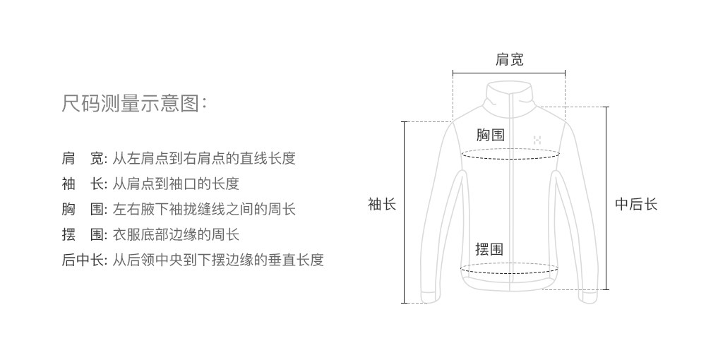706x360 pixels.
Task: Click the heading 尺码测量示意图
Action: pyautogui.click(x=134, y=104)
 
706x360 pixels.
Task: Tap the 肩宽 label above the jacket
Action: pyautogui.click(x=510, y=60)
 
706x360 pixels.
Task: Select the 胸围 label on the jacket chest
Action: pyautogui.click(x=490, y=135)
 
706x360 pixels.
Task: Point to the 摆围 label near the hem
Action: pyautogui.click(x=489, y=248)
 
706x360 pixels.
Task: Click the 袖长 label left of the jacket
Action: pyautogui.click(x=382, y=205)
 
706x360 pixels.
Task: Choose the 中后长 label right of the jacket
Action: pyautogui.click(x=636, y=205)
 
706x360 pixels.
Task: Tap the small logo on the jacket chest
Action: pyautogui.click(x=536, y=140)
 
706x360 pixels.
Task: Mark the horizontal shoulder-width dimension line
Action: pyautogui.click(x=509, y=73)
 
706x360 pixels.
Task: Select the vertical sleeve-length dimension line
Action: pyautogui.click(x=405, y=212)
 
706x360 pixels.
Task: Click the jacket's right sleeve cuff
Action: pyautogui.click(x=587, y=296)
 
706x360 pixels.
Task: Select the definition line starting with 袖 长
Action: pyautogui.click(x=150, y=184)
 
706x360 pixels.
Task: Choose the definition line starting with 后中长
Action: pyautogui.click(x=193, y=260)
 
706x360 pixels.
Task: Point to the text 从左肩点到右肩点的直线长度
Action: pyautogui.click(x=204, y=158)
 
